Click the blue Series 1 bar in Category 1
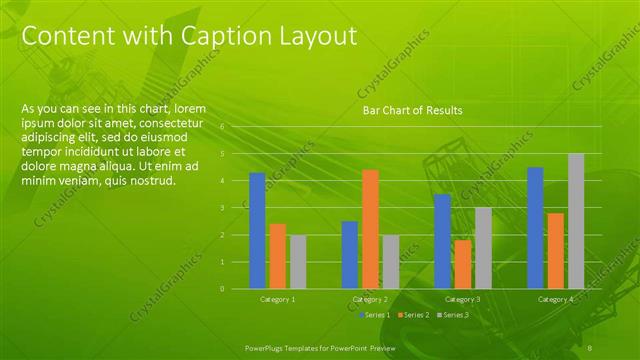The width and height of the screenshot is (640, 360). (257, 230)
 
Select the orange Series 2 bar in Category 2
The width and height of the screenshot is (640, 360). (370, 229)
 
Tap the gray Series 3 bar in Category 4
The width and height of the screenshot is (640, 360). (576, 221)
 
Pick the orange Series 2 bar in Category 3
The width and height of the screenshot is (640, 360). (462, 264)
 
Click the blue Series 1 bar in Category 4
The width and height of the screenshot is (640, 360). (535, 227)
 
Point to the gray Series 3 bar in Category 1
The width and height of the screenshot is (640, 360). (298, 261)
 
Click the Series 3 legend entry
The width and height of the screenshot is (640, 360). (456, 315)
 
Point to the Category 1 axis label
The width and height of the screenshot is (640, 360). (277, 299)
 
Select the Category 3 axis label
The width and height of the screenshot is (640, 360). (462, 299)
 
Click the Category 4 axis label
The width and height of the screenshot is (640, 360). (555, 299)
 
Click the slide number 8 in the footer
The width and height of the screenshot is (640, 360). (590, 347)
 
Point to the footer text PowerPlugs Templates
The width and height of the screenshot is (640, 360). (290, 347)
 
